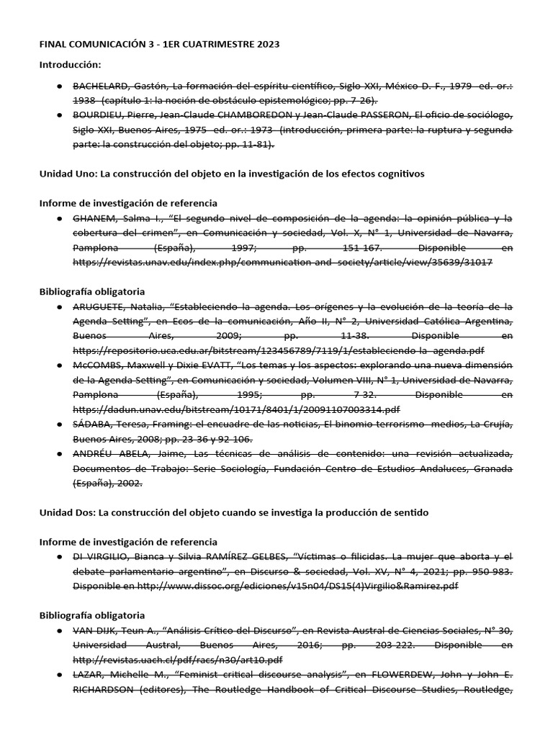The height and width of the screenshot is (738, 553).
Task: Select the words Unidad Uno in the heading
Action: coord(65,174)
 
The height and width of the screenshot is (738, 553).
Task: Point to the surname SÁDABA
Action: coord(93,425)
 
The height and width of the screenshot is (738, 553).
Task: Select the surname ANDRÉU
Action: coord(94,454)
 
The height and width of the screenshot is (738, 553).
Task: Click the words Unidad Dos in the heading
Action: coord(65,512)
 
